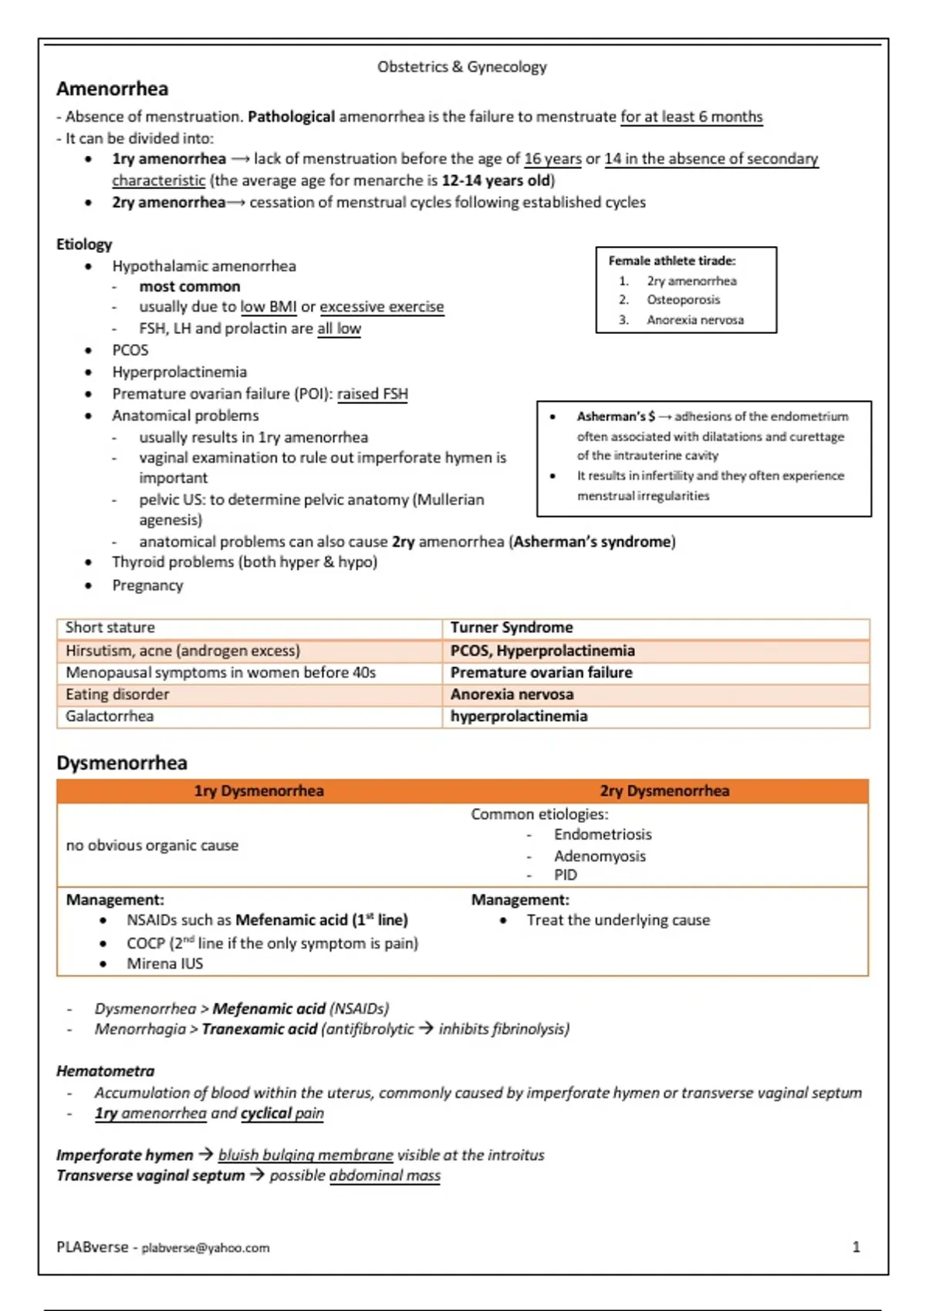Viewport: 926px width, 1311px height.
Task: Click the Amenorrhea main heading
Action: [112, 89]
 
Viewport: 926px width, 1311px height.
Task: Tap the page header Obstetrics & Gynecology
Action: [461, 67]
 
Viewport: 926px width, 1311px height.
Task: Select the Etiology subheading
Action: [84, 244]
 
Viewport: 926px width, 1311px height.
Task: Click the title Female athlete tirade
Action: [671, 261]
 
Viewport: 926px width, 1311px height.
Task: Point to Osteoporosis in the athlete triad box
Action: [683, 300]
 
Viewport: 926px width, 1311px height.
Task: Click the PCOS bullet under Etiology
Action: [130, 350]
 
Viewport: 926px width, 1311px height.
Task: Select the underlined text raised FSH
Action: [372, 394]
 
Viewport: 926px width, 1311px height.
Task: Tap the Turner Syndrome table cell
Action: [512, 628]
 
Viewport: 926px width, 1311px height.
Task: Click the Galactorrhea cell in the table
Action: [110, 716]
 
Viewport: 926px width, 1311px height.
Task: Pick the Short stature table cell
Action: [110, 628]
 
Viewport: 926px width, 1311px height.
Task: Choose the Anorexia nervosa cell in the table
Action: [512, 695]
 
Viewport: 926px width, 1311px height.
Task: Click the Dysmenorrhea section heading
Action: [122, 763]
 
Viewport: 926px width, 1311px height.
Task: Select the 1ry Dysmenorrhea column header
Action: [259, 791]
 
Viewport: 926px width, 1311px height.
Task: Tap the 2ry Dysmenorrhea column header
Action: [664, 791]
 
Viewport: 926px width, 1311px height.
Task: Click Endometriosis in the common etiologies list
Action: [603, 834]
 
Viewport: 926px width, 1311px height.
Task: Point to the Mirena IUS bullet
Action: [164, 964]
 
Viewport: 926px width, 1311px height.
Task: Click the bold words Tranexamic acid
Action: [259, 1030]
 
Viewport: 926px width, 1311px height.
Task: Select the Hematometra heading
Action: [105, 1071]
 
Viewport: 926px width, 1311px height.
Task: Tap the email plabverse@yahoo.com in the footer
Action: [205, 1248]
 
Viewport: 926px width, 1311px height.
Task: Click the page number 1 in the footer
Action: [856, 1247]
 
